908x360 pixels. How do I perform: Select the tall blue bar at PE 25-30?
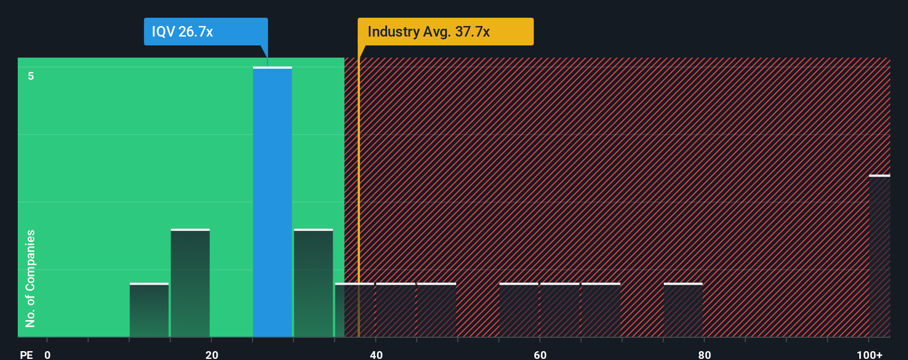click(x=272, y=202)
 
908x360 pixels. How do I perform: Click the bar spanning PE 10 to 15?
click(x=149, y=310)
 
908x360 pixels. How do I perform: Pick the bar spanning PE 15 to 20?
click(x=190, y=283)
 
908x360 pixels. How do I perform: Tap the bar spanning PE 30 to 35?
click(x=313, y=283)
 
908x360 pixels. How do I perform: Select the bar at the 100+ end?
click(x=879, y=256)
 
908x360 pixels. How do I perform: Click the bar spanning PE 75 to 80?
click(x=683, y=310)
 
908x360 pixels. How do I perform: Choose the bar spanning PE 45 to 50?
click(x=437, y=310)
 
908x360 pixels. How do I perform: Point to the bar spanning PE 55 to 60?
click(x=519, y=310)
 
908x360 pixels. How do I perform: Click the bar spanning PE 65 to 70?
click(x=601, y=310)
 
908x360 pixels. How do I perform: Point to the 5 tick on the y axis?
click(x=31, y=76)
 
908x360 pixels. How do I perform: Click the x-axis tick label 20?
click(x=211, y=354)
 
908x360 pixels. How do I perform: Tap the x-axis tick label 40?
click(x=376, y=354)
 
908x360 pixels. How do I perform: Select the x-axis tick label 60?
click(x=540, y=354)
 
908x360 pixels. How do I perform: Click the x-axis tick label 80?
click(x=704, y=354)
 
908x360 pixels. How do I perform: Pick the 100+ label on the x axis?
click(x=869, y=354)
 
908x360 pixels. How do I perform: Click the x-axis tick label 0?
click(x=48, y=354)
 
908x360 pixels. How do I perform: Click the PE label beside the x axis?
click(x=26, y=354)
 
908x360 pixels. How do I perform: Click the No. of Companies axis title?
click(x=30, y=278)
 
